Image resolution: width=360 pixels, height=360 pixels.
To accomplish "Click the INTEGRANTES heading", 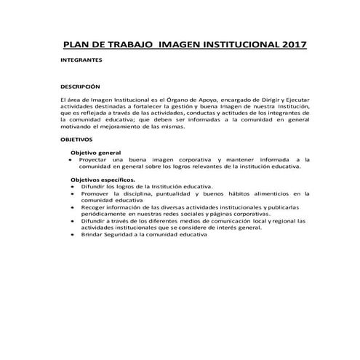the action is click(81, 62).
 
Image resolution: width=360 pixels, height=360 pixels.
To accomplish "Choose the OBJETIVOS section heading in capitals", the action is click(76, 138).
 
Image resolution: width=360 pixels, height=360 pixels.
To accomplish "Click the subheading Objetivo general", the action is click(94, 153).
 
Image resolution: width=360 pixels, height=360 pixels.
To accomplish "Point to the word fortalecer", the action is click(143, 105).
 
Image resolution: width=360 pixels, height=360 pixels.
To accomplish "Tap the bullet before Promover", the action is click(73, 193).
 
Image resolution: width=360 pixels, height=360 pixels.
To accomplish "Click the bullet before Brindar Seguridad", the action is click(73, 235).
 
